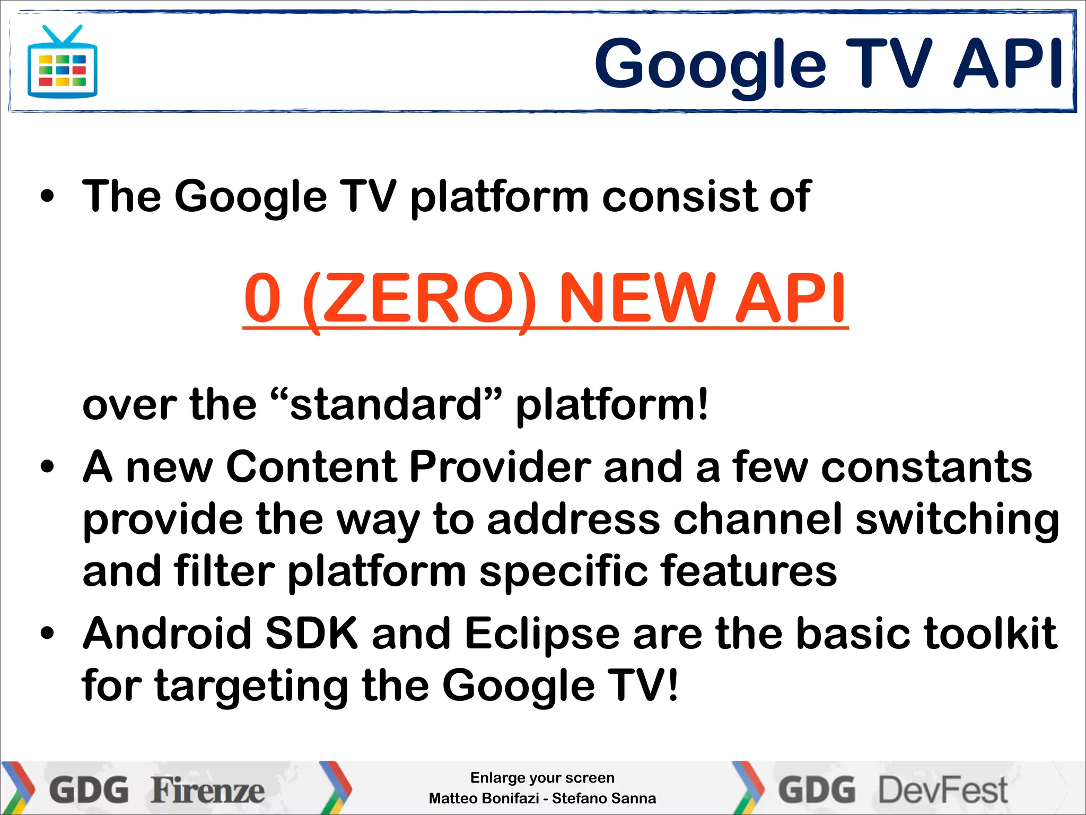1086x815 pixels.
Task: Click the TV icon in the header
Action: pos(62,63)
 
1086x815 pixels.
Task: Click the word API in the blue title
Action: pos(1008,64)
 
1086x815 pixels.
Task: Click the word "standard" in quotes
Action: pos(386,405)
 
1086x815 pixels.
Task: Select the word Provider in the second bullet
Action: pos(500,467)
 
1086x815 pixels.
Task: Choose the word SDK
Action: pos(311,634)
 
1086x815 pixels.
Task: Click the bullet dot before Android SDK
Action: pos(47,634)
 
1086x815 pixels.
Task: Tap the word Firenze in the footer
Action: pos(207,790)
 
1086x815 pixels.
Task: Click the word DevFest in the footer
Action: pos(943,790)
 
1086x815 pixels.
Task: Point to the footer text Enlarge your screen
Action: pos(542,778)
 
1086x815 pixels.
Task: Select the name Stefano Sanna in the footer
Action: pos(604,799)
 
